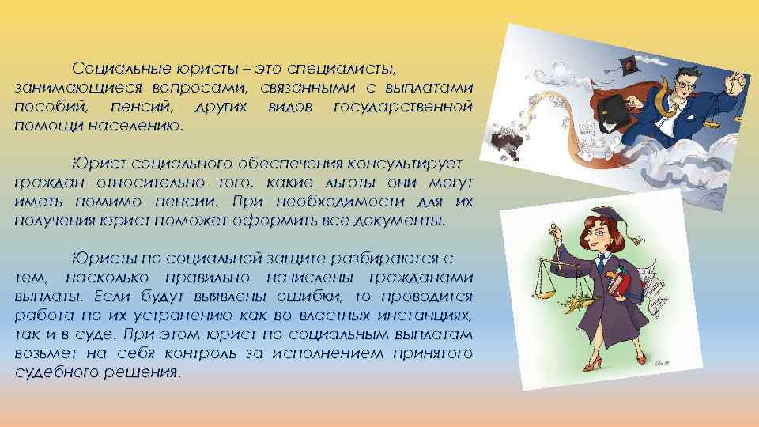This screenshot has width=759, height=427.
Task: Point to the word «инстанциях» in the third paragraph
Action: click(425, 316)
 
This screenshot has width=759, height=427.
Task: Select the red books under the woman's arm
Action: click(621, 284)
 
